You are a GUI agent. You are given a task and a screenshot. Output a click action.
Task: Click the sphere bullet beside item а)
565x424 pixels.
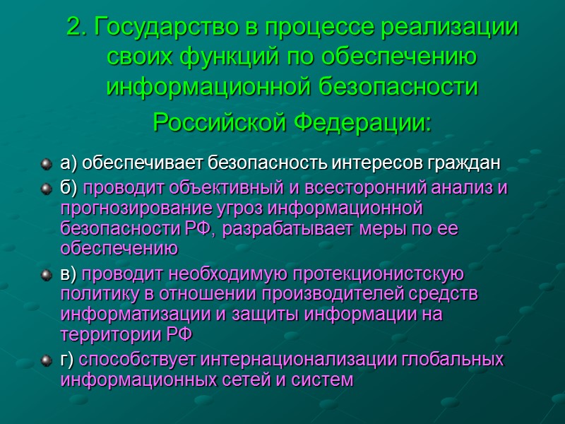47,165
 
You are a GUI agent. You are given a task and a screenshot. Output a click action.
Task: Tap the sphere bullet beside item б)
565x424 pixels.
47,189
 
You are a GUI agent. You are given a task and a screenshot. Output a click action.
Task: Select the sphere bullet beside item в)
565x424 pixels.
47,275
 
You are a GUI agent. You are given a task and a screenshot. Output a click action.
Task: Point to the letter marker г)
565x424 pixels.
68,360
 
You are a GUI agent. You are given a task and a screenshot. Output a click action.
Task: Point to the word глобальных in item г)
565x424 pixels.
453,360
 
